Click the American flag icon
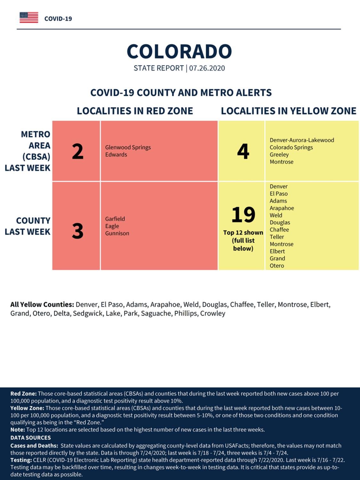(x=29, y=18)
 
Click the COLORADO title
(x=179, y=52)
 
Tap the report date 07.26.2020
(x=207, y=68)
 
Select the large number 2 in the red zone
(x=77, y=151)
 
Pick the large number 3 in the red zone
(x=77, y=231)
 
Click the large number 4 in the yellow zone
(x=243, y=151)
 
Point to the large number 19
(x=243, y=214)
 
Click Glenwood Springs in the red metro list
(x=128, y=148)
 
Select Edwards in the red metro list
(x=116, y=155)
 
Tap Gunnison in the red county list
(x=117, y=233)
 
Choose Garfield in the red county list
(x=115, y=219)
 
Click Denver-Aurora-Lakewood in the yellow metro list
(x=302, y=140)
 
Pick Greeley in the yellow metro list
(x=279, y=155)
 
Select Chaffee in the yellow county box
(x=279, y=230)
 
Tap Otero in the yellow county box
(x=277, y=266)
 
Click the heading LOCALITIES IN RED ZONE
(x=135, y=111)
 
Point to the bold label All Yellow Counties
(x=42, y=305)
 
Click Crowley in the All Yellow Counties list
(x=213, y=314)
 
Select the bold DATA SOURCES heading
(x=31, y=437)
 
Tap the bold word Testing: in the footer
(x=21, y=460)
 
